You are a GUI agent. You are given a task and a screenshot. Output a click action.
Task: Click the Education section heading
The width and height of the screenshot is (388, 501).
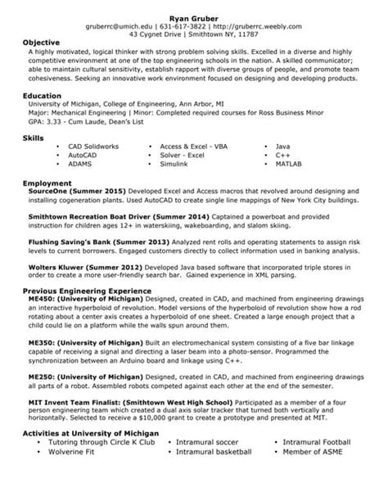coord(43,95)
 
